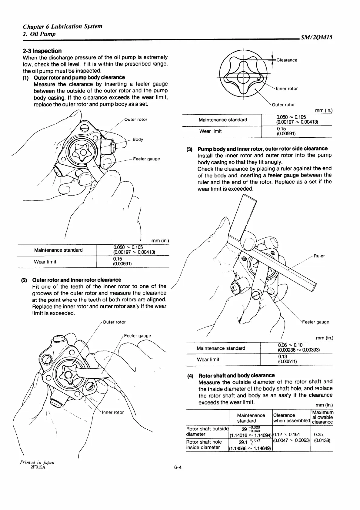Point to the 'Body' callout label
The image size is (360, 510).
138,139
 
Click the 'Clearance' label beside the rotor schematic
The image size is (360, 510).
287,60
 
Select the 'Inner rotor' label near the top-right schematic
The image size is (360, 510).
286,89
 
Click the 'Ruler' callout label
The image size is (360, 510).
319,256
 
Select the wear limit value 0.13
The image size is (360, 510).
282,357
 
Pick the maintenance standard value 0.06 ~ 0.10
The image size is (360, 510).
290,345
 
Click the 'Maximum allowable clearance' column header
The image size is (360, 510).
322,417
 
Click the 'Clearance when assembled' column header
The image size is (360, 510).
291,418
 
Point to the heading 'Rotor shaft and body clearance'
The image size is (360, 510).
236,375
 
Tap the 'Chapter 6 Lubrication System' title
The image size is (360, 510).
62,26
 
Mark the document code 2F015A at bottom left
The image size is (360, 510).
38,467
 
